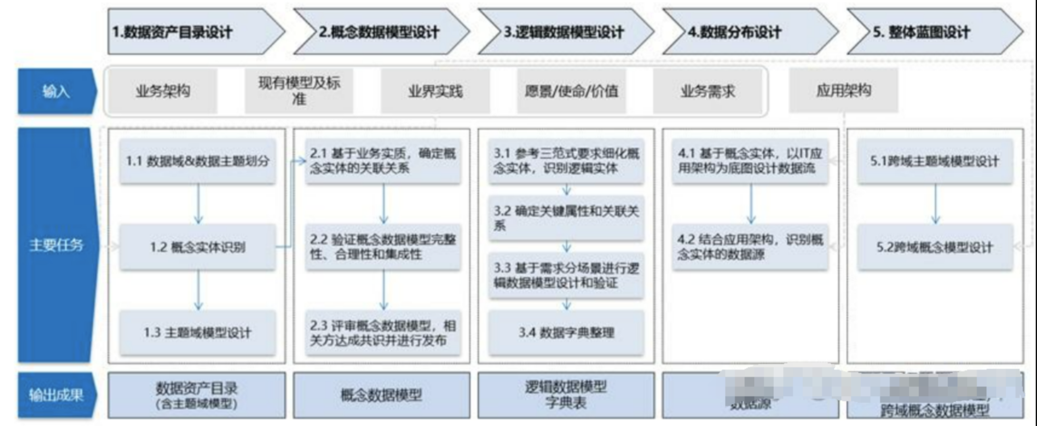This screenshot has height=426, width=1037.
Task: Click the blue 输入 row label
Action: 56,92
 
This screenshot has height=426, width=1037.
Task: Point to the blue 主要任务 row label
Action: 56,245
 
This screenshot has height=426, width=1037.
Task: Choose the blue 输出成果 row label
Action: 56,395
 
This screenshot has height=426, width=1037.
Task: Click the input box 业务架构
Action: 163,91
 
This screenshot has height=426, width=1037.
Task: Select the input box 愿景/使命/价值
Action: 571,91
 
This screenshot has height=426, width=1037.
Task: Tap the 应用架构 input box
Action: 843,90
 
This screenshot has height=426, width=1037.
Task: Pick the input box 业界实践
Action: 435,91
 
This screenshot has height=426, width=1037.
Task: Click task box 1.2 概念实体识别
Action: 198,247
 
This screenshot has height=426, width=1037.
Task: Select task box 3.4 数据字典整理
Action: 566,332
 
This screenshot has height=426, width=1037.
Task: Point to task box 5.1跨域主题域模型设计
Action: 935,161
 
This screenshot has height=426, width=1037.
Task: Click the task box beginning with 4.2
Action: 750,247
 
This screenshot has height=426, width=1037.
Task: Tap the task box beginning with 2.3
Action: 383,333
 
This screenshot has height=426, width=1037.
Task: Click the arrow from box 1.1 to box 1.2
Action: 198,204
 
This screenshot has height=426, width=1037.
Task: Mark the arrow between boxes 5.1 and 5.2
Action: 935,204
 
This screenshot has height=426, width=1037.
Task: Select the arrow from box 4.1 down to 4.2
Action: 751,204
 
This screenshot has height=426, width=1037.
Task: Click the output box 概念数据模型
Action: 381,395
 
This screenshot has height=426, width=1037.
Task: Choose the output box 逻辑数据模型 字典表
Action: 566,395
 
